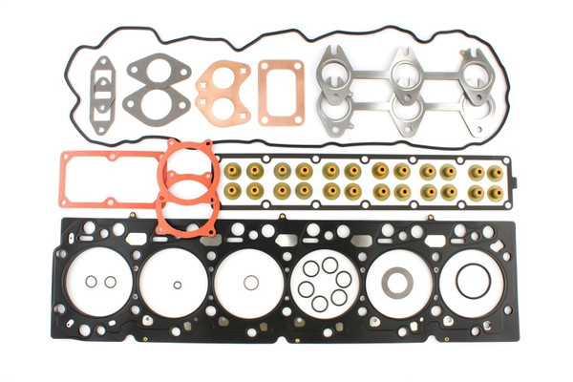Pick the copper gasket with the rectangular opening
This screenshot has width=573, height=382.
pyautogui.click(x=281, y=91)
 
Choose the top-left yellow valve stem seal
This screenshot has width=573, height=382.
pyautogui.click(x=233, y=171)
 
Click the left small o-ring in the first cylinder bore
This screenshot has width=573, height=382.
pyautogui.click(x=90, y=282)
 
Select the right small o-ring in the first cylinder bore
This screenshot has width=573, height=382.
pyautogui.click(x=110, y=282)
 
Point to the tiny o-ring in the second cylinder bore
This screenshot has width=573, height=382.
pyautogui.click(x=177, y=284)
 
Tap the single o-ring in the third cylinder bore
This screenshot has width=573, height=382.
pyautogui.click(x=250, y=282)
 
